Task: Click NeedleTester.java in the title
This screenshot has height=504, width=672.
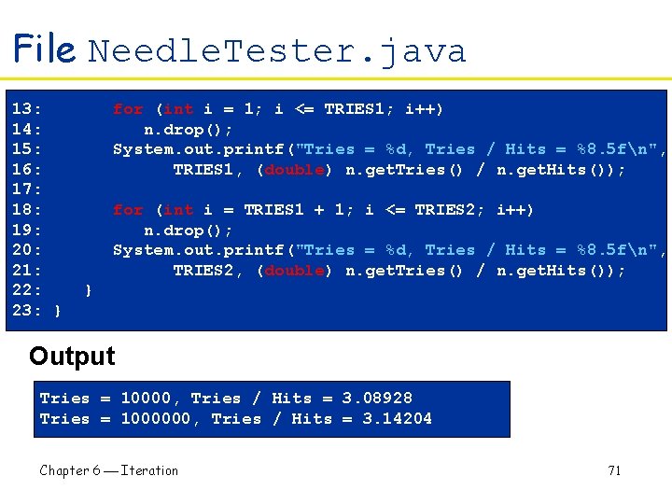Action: (x=276, y=50)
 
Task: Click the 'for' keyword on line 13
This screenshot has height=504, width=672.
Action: (x=128, y=109)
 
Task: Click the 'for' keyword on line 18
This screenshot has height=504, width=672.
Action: (x=128, y=210)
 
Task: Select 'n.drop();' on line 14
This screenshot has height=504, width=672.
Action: (x=189, y=129)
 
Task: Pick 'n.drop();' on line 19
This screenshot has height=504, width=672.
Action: (x=189, y=230)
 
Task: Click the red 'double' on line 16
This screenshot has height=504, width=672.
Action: (x=294, y=170)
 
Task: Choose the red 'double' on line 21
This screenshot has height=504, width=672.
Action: (x=294, y=271)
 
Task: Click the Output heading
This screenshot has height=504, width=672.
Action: (x=72, y=357)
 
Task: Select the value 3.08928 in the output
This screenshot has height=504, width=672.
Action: (x=377, y=399)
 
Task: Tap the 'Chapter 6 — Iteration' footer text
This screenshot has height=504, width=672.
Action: (x=108, y=470)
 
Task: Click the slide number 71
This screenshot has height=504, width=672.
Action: (x=614, y=470)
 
